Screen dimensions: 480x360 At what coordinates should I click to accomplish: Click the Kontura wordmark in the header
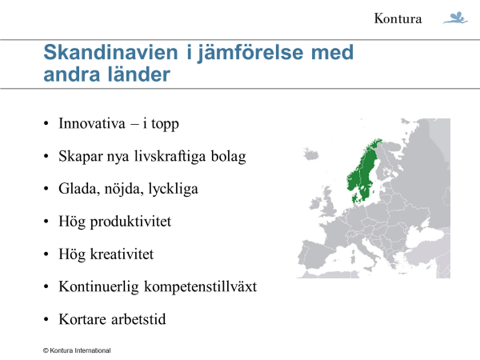pyautogui.click(x=397, y=19)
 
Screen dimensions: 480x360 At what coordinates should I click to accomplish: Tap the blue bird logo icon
pyautogui.click(x=456, y=18)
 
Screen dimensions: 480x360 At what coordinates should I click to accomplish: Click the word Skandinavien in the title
pyautogui.click(x=111, y=52)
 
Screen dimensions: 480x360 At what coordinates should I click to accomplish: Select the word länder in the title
pyautogui.click(x=139, y=75)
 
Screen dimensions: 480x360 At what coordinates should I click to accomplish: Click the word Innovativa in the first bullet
pyautogui.click(x=92, y=123)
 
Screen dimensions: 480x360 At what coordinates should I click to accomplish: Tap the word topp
pyautogui.click(x=165, y=125)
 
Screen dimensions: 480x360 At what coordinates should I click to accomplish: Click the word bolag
pyautogui.click(x=228, y=157)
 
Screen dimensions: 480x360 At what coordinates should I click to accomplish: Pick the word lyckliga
pyautogui.click(x=173, y=189)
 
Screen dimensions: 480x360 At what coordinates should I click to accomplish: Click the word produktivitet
pyautogui.click(x=130, y=222)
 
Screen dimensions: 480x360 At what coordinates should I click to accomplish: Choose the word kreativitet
pyautogui.click(x=121, y=254)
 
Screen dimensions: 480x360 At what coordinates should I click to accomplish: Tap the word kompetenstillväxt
pyautogui.click(x=200, y=287)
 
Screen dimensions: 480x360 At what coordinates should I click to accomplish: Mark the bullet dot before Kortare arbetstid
pyautogui.click(x=46, y=320)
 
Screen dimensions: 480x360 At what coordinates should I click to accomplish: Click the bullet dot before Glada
pyautogui.click(x=46, y=189)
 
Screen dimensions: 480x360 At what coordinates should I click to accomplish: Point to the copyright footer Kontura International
pyautogui.click(x=77, y=351)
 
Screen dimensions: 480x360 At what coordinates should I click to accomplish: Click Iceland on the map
pyautogui.click(x=311, y=153)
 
